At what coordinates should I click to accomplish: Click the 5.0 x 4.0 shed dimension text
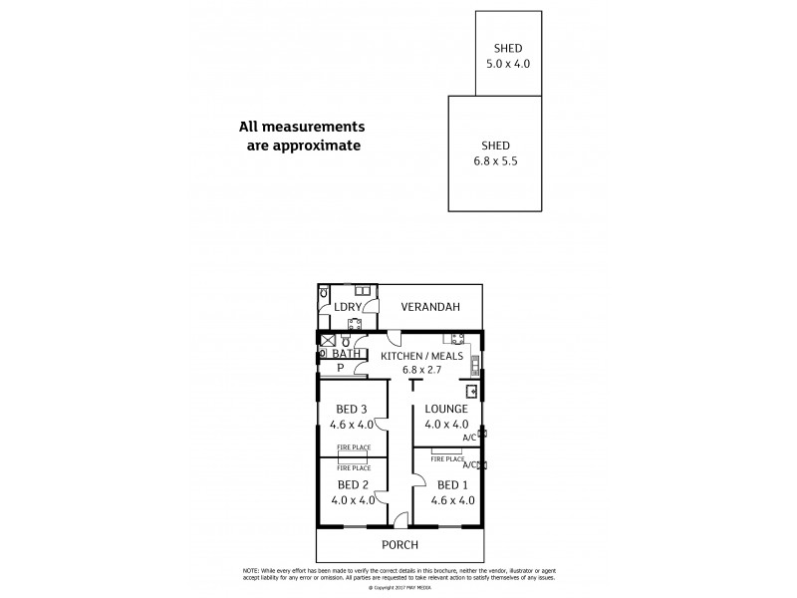[x=508, y=64]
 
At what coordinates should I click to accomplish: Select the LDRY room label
[x=348, y=308]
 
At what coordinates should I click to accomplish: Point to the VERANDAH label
[x=430, y=308]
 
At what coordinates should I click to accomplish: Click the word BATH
[x=346, y=354]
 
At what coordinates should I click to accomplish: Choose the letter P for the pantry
[x=340, y=368]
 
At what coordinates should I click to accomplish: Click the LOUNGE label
[x=445, y=409]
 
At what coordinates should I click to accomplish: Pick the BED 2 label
[x=353, y=485]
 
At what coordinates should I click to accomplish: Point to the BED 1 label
[x=452, y=485]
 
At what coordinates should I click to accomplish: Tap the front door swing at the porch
[x=399, y=518]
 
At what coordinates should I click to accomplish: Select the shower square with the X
[x=328, y=340]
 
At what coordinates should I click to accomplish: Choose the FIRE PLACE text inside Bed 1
[x=447, y=459]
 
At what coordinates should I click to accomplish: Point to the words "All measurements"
[x=302, y=127]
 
